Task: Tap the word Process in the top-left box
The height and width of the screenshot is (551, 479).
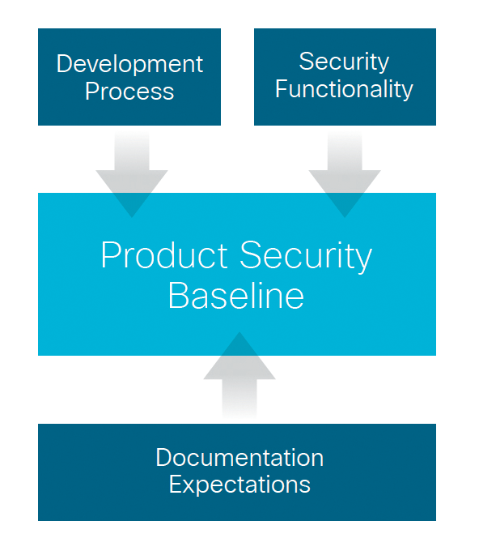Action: [129, 92]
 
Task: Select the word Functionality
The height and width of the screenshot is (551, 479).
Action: [344, 89]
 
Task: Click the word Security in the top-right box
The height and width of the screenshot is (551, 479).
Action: [344, 63]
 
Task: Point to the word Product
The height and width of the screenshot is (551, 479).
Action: [164, 255]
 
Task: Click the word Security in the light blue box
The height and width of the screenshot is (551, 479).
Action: [306, 258]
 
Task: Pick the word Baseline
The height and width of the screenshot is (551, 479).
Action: [236, 295]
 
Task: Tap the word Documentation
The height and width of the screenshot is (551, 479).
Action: [239, 458]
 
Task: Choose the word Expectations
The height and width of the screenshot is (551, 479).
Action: [239, 485]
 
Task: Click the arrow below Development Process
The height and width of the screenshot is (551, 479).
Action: [132, 174]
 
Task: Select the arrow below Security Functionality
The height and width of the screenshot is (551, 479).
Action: [345, 174]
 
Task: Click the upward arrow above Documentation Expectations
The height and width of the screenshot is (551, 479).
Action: [239, 375]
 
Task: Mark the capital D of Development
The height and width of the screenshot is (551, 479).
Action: [64, 64]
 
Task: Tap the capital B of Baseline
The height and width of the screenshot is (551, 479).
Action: [178, 295]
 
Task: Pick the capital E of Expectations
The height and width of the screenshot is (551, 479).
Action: [176, 484]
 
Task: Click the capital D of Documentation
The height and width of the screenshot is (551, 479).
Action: [164, 458]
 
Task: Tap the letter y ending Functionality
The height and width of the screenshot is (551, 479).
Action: [407, 92]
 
